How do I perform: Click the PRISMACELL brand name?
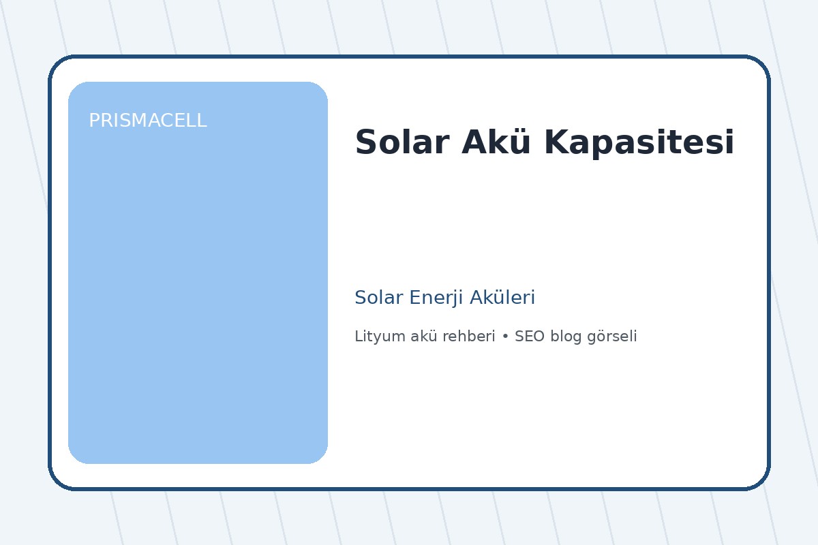click(x=147, y=121)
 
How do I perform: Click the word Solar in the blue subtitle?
click(x=378, y=298)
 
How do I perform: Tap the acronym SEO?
click(x=530, y=337)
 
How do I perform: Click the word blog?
click(x=566, y=337)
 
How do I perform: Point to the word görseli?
click(x=612, y=337)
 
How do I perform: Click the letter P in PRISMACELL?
click(x=93, y=121)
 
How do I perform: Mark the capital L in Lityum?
click(x=358, y=337)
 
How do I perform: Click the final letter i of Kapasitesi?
click(x=730, y=143)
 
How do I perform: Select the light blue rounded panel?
click(x=198, y=286)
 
